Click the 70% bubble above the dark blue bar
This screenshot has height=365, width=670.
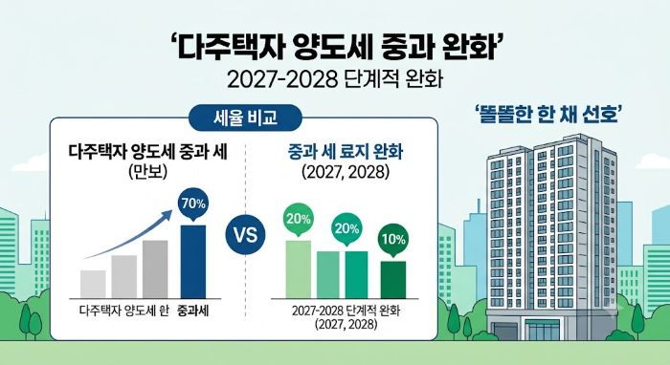pyautogui.click(x=193, y=205)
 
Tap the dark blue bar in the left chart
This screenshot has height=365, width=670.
pyautogui.click(x=193, y=262)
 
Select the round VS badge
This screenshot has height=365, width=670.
pyautogui.click(x=246, y=235)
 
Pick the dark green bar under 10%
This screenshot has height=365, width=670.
pyautogui.click(x=393, y=280)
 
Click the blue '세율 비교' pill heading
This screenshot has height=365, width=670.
pyautogui.click(x=245, y=118)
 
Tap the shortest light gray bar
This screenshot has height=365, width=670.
pyautogui.click(x=93, y=285)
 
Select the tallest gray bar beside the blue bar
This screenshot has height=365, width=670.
pyautogui.click(x=155, y=269)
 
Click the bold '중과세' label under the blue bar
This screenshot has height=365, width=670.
pyautogui.click(x=193, y=311)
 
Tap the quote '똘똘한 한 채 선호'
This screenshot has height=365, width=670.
pyautogui.click(x=547, y=115)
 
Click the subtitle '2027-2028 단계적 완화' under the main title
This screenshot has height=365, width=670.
pyautogui.click(x=335, y=79)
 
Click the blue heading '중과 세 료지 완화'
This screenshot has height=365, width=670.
pyautogui.click(x=346, y=152)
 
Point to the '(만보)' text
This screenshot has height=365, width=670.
pyautogui.click(x=147, y=172)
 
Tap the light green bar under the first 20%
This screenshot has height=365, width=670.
pyautogui.click(x=299, y=269)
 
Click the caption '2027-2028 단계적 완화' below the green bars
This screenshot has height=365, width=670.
pyautogui.click(x=346, y=311)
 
